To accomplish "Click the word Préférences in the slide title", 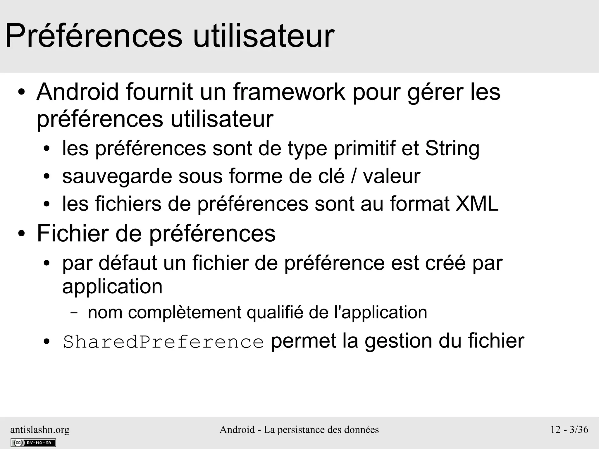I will coord(94,36).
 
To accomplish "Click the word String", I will coord(452,149).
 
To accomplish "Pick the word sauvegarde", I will coord(117,176).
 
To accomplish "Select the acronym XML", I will coord(477,204).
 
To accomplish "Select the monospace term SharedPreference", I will coord(163,342).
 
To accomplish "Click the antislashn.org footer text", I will coord(40,429).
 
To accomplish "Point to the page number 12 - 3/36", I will coord(569,429).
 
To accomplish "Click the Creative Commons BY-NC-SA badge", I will coord(33,443).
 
